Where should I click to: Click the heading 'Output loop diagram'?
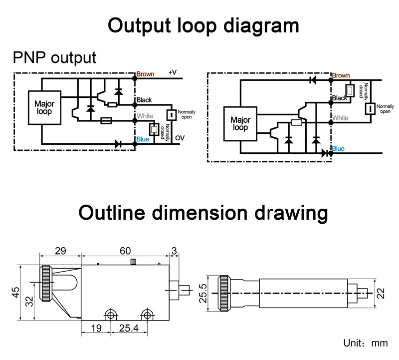203,25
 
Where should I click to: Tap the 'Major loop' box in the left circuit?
44,108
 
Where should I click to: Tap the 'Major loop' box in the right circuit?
240,124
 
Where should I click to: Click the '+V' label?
172,73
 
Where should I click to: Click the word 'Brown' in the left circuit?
145,74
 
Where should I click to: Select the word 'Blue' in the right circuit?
338,149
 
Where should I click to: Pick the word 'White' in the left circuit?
145,116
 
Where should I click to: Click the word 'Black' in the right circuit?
340,98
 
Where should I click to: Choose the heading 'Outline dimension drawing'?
203,213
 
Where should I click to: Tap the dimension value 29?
60,251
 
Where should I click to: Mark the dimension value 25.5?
202,294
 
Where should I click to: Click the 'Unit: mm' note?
365,343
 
